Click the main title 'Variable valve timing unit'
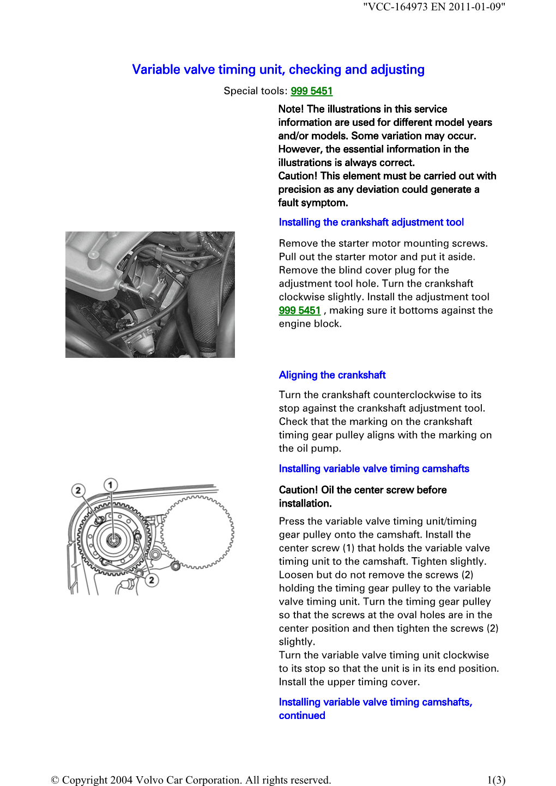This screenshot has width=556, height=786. click(x=278, y=70)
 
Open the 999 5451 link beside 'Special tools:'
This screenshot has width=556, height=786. click(x=311, y=91)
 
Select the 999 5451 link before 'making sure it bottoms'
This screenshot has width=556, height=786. click(x=299, y=310)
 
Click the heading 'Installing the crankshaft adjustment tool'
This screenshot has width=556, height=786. click(x=371, y=222)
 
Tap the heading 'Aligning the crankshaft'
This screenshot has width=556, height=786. click(x=332, y=375)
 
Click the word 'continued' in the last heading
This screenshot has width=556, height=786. click(x=301, y=716)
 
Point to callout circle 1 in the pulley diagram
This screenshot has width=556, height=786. click(x=111, y=485)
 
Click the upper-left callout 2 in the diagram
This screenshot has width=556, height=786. click(x=78, y=490)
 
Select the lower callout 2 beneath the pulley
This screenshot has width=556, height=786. click(x=152, y=580)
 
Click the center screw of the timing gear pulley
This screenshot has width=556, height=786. click(x=113, y=540)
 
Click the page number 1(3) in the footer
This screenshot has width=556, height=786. click(x=496, y=780)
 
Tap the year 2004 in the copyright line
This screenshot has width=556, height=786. click(x=121, y=780)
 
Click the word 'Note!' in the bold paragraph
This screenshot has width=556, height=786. click(x=292, y=109)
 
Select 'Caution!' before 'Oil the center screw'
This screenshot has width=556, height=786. click(x=298, y=490)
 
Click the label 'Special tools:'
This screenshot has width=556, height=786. click(x=255, y=91)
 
